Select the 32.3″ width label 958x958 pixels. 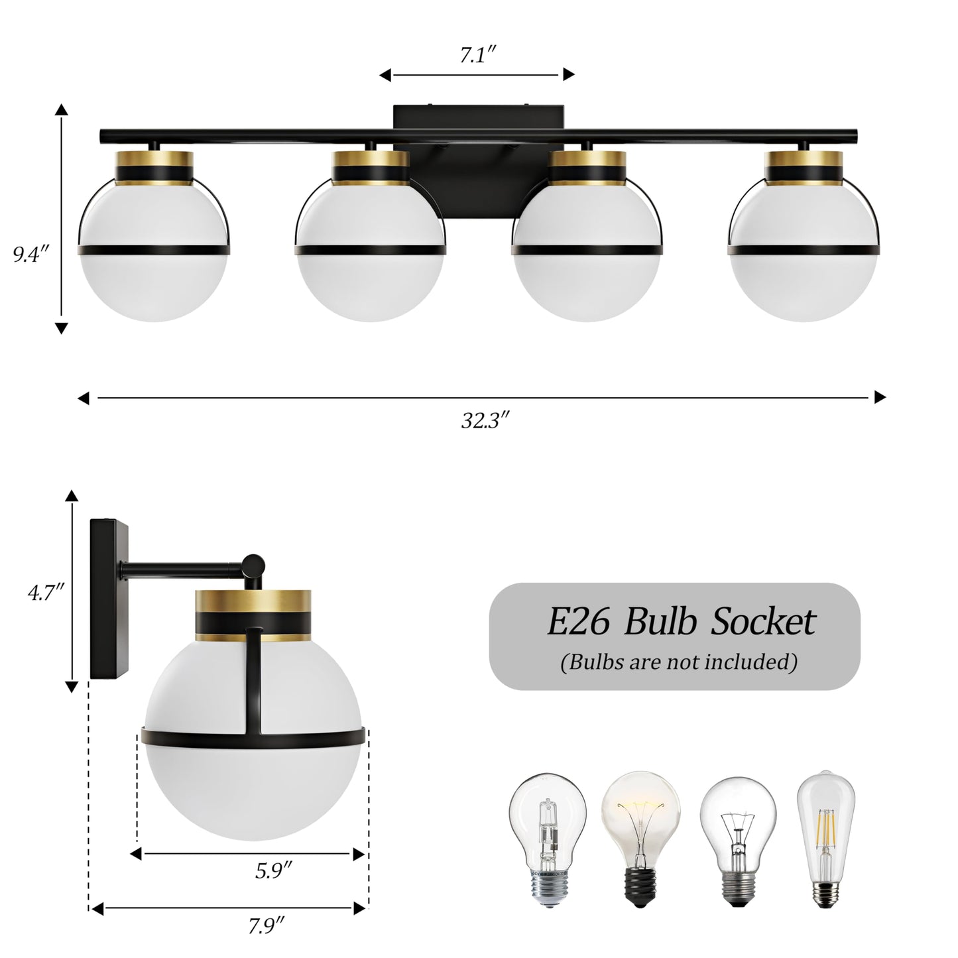(x=485, y=420)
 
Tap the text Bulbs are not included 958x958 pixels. (x=678, y=662)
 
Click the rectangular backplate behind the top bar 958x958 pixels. (x=478, y=118)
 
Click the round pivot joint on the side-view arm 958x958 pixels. (x=253, y=566)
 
